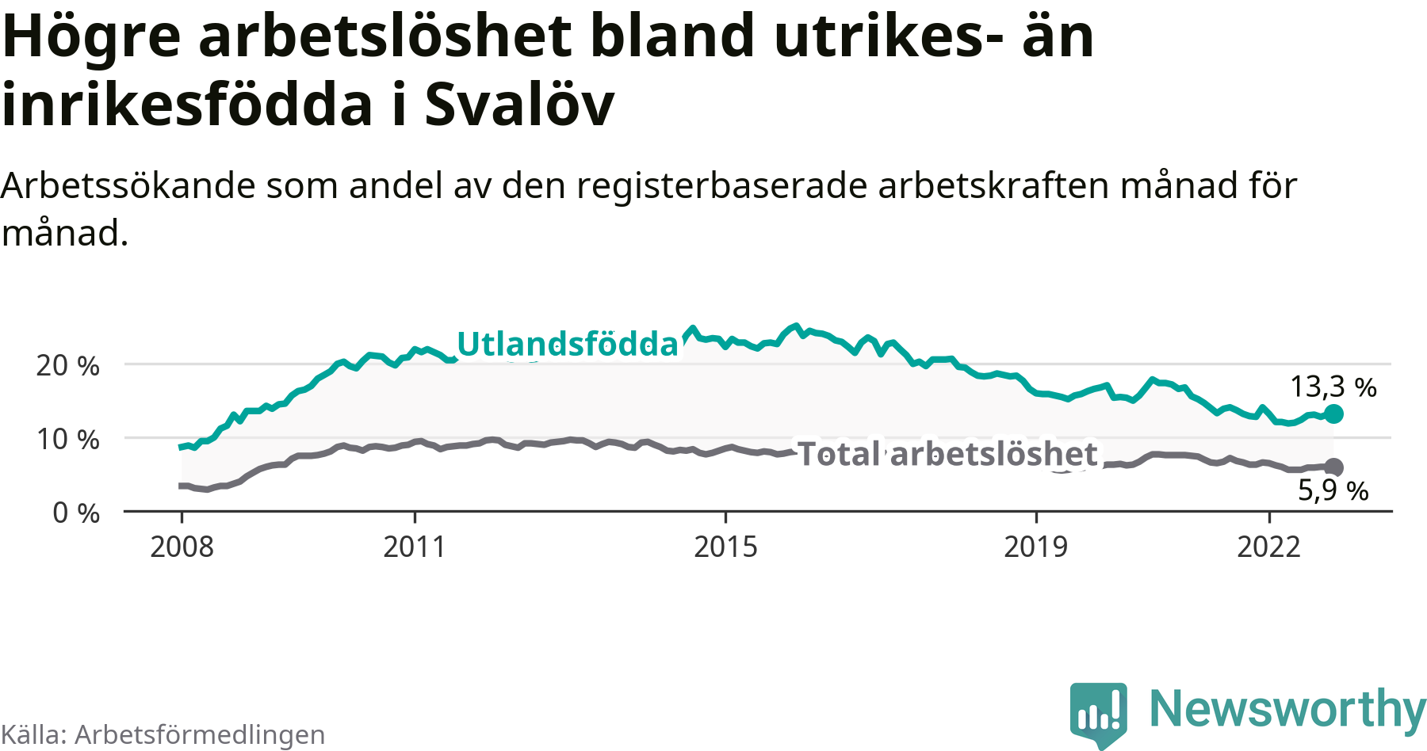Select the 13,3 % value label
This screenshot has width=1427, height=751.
point(1333,387)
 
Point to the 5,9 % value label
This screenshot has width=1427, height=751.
point(1333,491)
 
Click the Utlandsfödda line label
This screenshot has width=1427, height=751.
point(568,344)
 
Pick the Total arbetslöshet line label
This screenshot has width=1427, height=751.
point(947,454)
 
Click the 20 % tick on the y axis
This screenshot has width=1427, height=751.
point(68,365)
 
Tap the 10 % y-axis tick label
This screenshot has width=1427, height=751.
point(68,439)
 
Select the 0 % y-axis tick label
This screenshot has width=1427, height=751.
point(76,513)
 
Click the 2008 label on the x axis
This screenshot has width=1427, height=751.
point(182,547)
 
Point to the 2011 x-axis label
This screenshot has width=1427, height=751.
point(415,547)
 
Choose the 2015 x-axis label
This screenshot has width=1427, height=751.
point(725,547)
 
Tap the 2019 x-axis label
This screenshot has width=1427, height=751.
point(1035,547)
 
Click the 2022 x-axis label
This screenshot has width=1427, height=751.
point(1268,547)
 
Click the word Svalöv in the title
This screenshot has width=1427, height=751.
point(519,105)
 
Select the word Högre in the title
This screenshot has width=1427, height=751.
point(92,36)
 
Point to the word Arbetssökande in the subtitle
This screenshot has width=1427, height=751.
point(128,186)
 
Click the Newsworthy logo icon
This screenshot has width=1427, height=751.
point(1098,712)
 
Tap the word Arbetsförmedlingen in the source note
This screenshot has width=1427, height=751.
point(200,734)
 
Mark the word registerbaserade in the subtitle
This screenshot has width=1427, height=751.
point(723,186)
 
